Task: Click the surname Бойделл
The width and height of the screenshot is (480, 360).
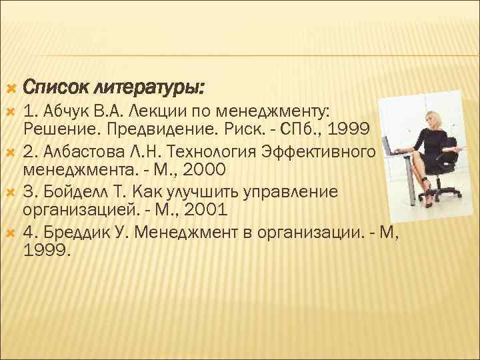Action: pyautogui.click(x=75, y=193)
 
